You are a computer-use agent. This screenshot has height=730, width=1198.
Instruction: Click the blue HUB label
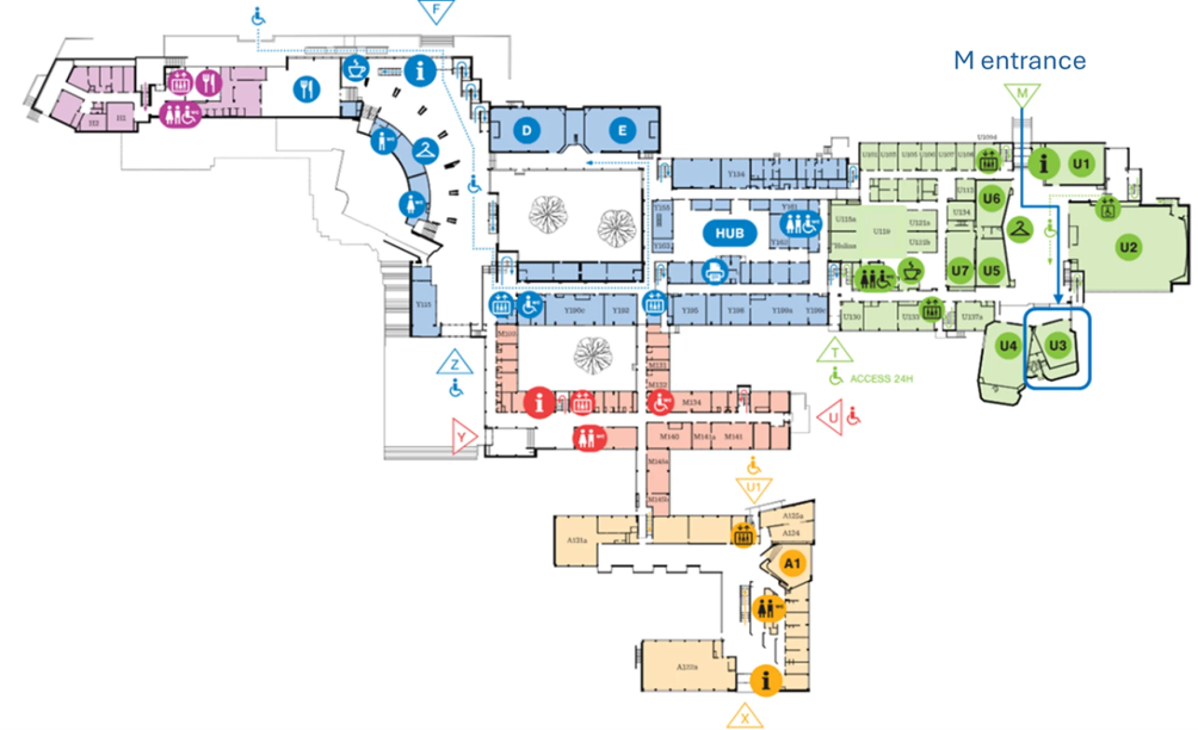tap(729, 233)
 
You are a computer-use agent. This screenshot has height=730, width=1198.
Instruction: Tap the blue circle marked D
tap(527, 130)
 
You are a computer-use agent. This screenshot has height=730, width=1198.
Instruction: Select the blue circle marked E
tap(621, 130)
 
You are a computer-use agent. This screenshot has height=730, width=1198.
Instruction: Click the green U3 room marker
tap(1057, 345)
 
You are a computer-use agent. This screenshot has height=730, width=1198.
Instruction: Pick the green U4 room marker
tap(1008, 346)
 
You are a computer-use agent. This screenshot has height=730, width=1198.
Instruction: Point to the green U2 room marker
tap(1128, 247)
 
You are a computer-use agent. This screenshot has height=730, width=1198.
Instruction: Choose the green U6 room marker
tap(991, 199)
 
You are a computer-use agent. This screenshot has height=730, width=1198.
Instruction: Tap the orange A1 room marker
tap(792, 563)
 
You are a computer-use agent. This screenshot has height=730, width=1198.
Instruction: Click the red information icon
tap(539, 402)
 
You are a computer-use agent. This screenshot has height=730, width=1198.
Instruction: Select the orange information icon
tap(766, 680)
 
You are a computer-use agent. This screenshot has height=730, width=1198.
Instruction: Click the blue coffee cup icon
tap(356, 69)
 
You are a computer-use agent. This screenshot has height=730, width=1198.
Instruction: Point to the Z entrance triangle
tap(455, 363)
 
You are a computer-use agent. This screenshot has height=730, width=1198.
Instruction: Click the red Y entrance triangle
tap(463, 436)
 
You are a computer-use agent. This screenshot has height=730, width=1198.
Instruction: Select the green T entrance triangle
tap(834, 352)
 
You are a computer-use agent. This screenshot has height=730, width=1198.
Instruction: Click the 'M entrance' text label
tap(1020, 61)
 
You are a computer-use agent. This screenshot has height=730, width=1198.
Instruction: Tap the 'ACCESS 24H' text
tap(881, 379)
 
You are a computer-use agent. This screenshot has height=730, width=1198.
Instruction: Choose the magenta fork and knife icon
tap(208, 82)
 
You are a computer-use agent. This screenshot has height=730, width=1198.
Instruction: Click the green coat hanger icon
tap(1020, 229)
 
